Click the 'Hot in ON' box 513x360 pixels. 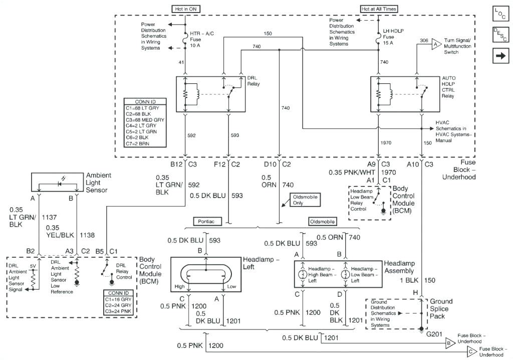(185, 9)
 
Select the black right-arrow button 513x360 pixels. (500, 56)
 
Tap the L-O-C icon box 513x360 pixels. (500, 14)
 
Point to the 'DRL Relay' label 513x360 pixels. (254, 81)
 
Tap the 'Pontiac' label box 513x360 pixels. (207, 221)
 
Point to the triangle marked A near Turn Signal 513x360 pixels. (435, 44)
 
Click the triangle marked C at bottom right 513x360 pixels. (471, 352)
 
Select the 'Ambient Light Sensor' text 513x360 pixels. (98, 183)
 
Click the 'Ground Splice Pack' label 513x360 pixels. (440, 308)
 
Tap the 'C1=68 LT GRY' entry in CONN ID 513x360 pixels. (144, 108)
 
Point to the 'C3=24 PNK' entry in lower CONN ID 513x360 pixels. (118, 310)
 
